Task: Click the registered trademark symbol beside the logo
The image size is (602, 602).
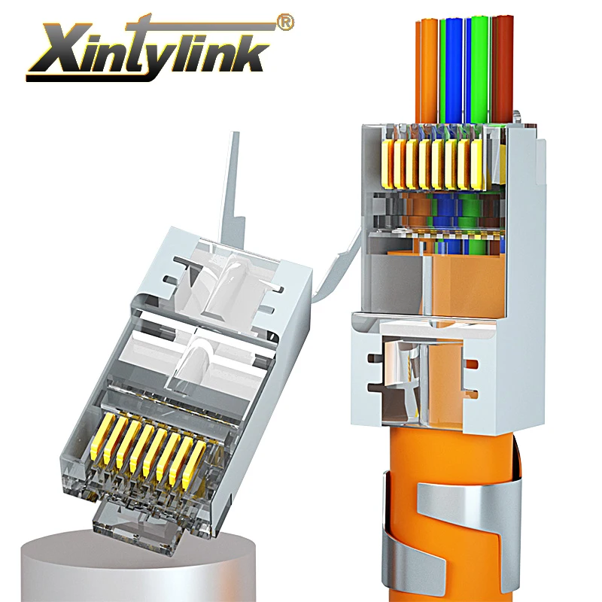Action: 285,23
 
